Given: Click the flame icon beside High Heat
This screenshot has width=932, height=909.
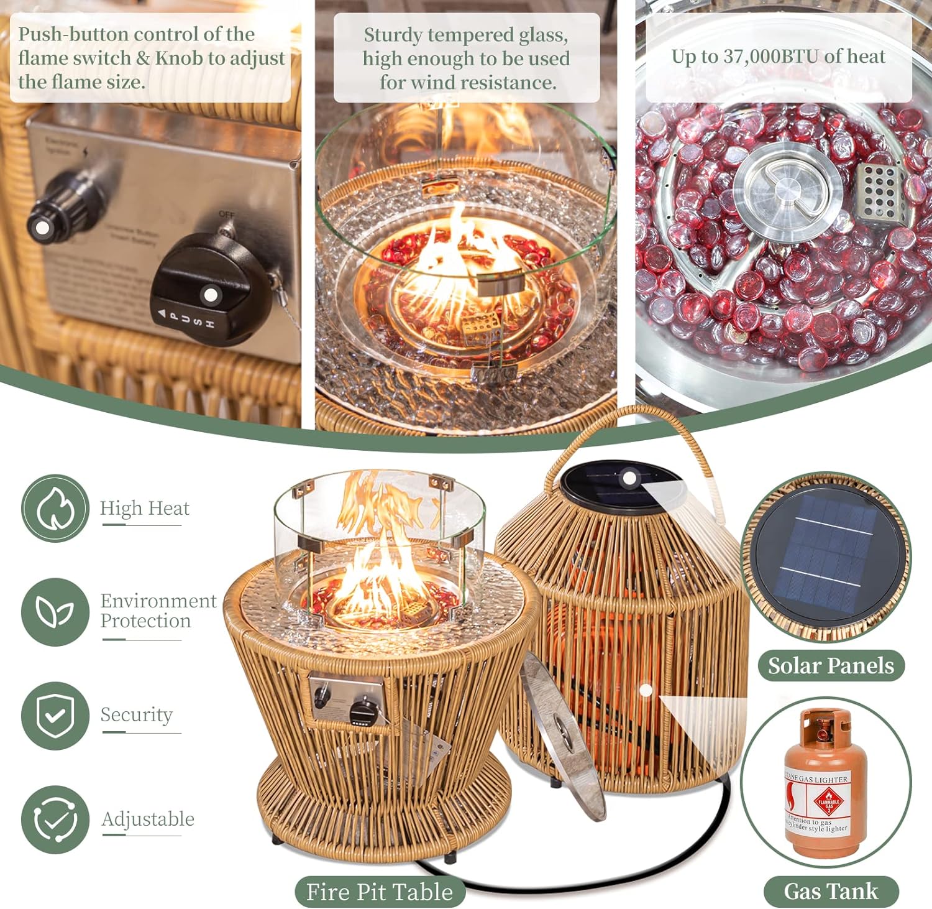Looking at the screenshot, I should pyautogui.click(x=55, y=508).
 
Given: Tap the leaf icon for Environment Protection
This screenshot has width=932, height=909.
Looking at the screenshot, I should pyautogui.click(x=55, y=612).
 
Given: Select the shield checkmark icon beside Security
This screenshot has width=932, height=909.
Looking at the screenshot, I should pyautogui.click(x=55, y=715).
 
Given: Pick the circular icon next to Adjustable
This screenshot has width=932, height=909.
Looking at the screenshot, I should pyautogui.click(x=55, y=819).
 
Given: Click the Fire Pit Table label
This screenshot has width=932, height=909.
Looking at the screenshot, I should pyautogui.click(x=380, y=892).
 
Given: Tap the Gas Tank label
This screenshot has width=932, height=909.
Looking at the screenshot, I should pyautogui.click(x=831, y=891).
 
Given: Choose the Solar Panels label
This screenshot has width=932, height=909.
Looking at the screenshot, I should pyautogui.click(x=831, y=666).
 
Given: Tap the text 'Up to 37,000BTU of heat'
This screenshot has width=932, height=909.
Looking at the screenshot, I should pyautogui.click(x=778, y=57).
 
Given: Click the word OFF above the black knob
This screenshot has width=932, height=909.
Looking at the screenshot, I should pyautogui.click(x=226, y=214).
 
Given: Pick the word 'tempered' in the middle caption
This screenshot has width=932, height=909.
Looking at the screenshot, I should pyautogui.click(x=467, y=35).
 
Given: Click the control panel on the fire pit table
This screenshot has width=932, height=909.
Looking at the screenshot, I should pyautogui.click(x=347, y=699).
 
